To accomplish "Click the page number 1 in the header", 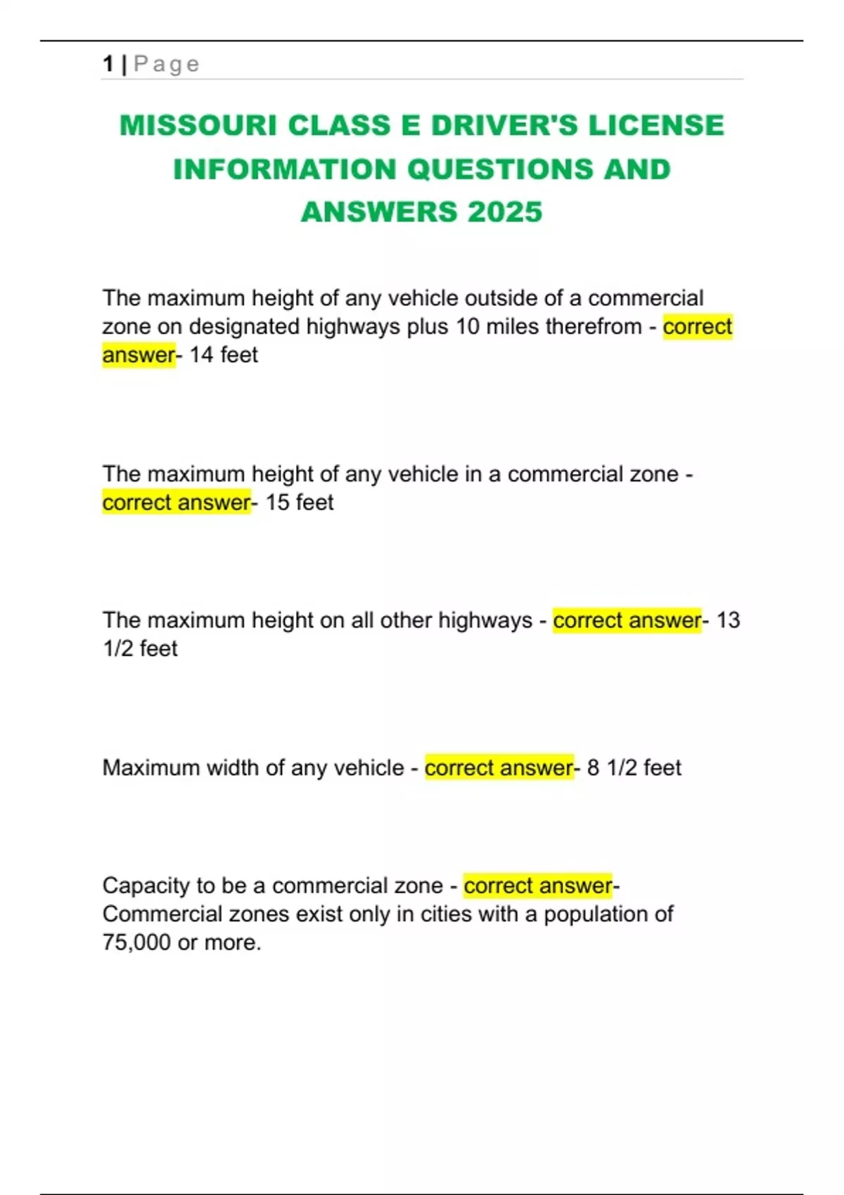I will pyautogui.click(x=108, y=64).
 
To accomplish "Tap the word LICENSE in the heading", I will pyautogui.click(x=656, y=125).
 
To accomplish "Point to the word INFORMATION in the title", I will pyautogui.click(x=285, y=169).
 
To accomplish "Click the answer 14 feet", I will pyautogui.click(x=223, y=355).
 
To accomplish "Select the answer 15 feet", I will pyautogui.click(x=299, y=503).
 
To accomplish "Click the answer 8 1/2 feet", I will pyautogui.click(x=634, y=768).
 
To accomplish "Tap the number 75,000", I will pyautogui.click(x=136, y=943).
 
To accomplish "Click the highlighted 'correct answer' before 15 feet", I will pyautogui.click(x=177, y=503).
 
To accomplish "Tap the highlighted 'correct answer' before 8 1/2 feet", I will pyautogui.click(x=499, y=768).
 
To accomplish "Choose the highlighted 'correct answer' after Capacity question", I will pyautogui.click(x=538, y=886).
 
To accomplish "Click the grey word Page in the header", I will pyautogui.click(x=167, y=64).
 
